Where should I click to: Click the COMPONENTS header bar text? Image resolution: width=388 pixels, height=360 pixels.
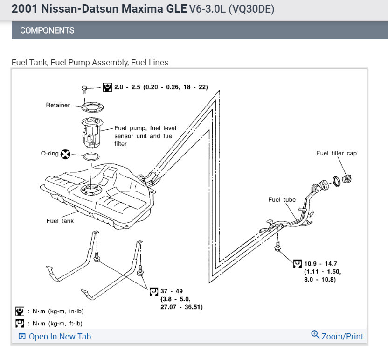point(47,30)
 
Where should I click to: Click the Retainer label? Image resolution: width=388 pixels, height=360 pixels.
point(57,105)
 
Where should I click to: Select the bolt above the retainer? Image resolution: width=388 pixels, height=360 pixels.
point(84,89)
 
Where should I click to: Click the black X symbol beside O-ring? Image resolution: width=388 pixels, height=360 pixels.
point(66,154)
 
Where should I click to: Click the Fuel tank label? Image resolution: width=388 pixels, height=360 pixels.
point(60,221)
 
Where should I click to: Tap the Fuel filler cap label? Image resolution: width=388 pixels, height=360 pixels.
point(336,153)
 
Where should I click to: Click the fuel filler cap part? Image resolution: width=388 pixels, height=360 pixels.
point(346,178)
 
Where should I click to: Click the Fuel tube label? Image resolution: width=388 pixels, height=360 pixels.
point(282,200)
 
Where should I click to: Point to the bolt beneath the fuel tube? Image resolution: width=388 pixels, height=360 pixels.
point(278,246)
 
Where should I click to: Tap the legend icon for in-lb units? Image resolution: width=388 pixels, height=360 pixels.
point(20,311)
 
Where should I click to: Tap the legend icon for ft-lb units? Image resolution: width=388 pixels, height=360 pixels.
point(20,324)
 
